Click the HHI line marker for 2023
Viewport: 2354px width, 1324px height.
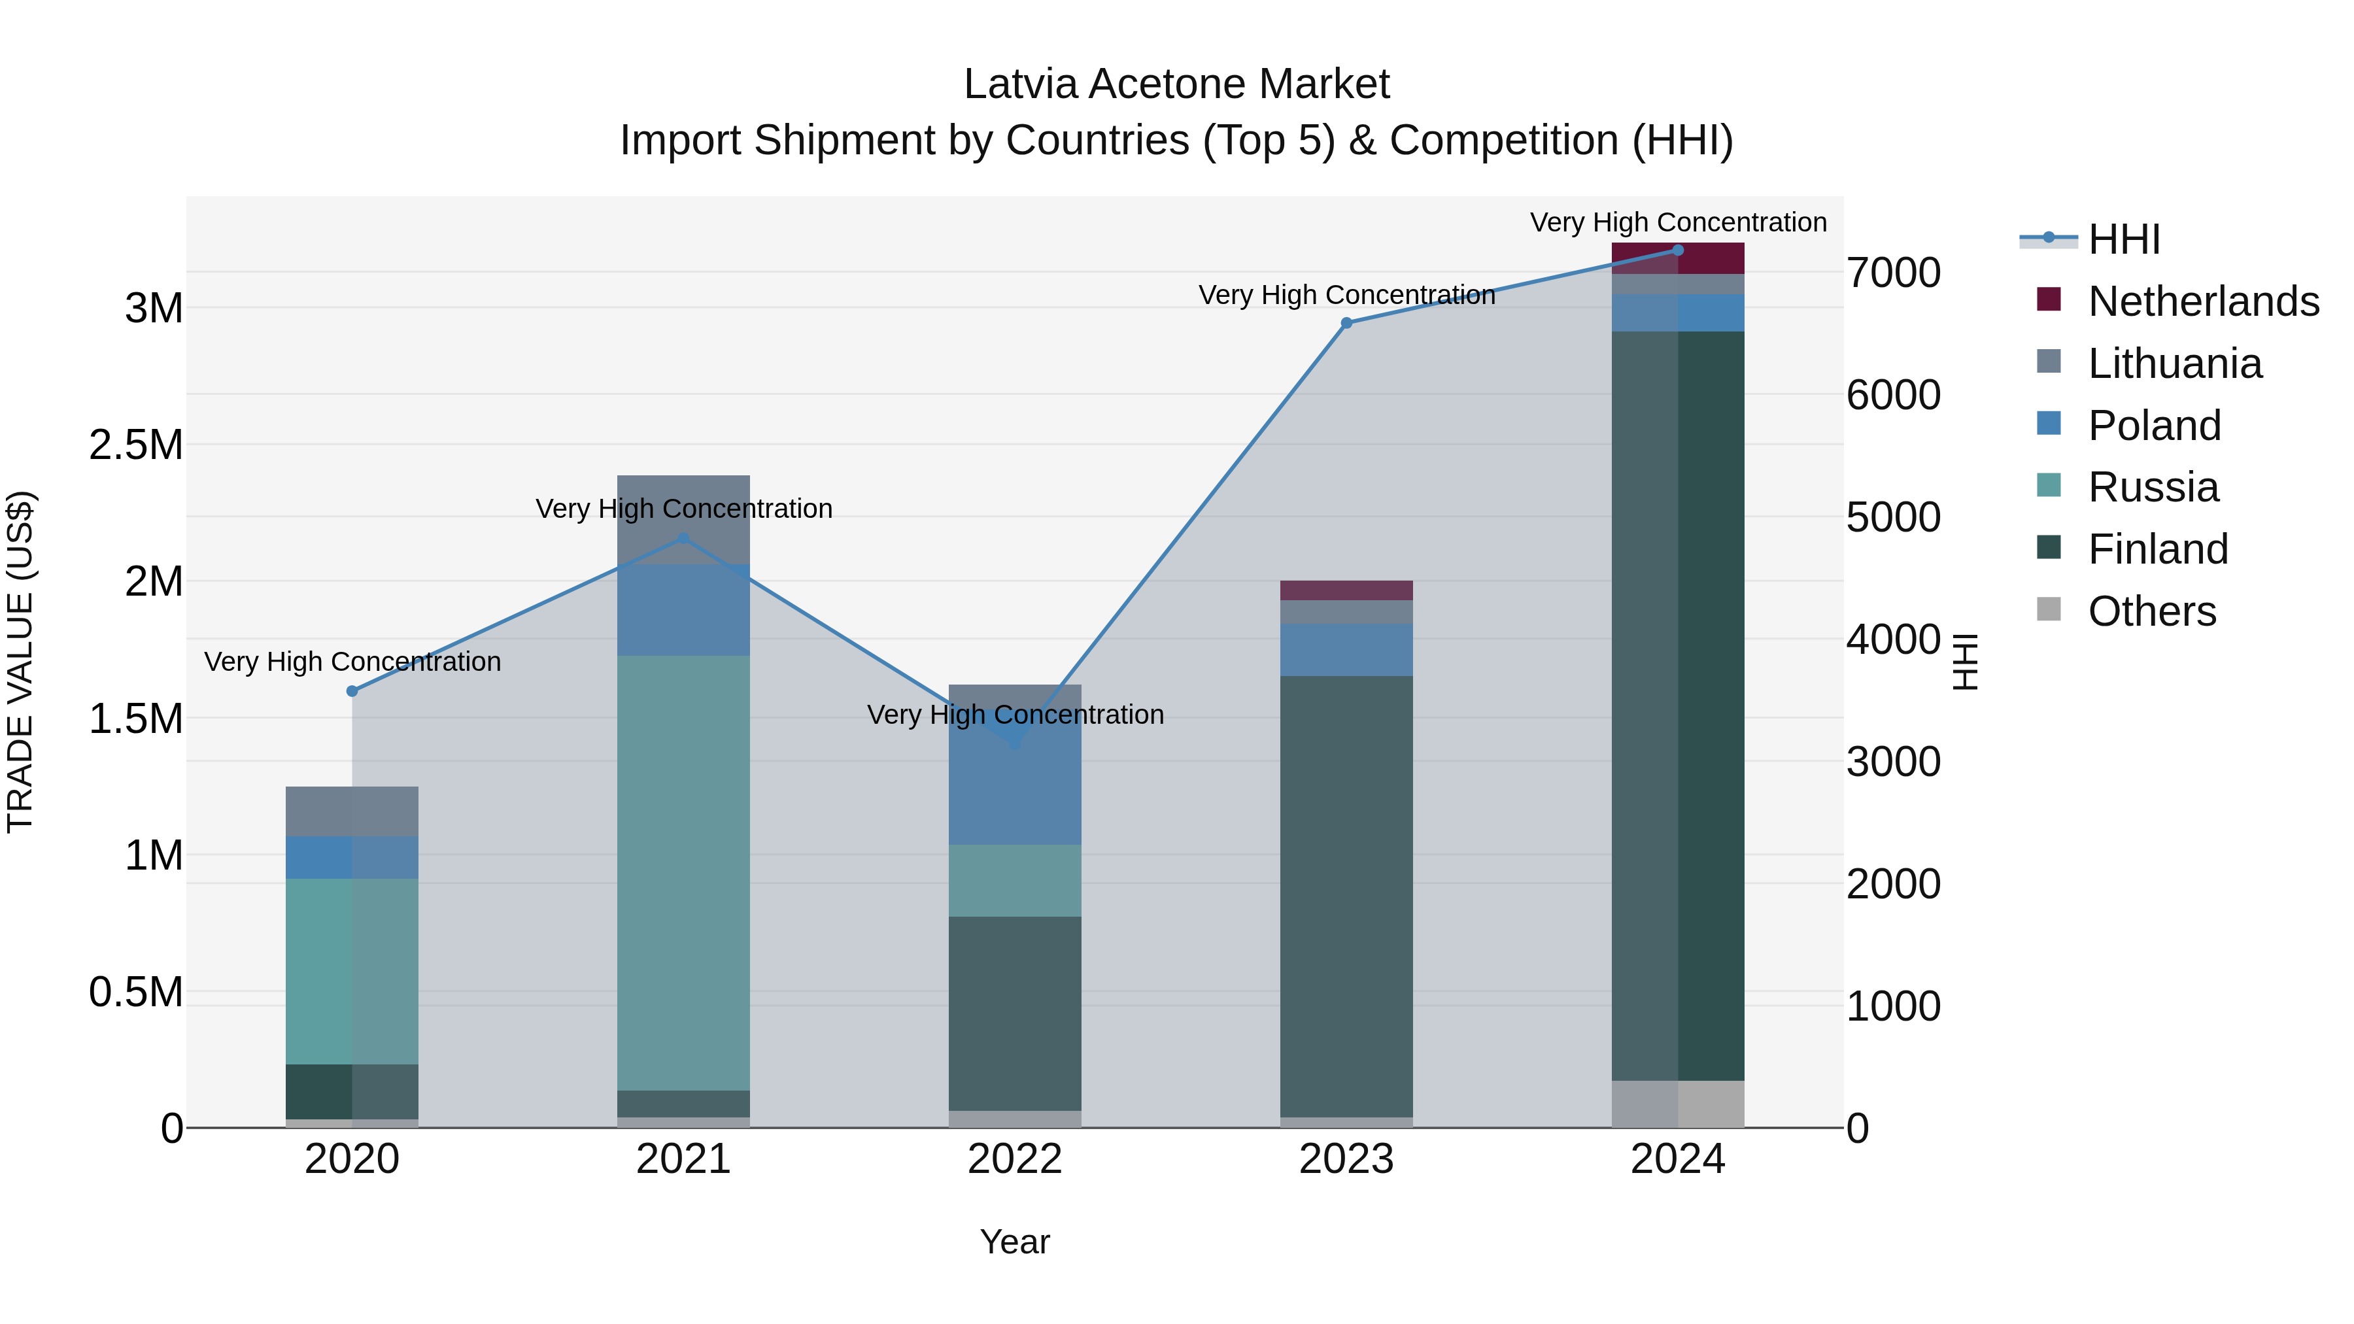(1346, 322)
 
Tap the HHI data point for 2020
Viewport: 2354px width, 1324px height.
(352, 691)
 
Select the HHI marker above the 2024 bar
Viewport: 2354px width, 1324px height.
(1678, 250)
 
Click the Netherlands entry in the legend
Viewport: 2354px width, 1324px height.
(2202, 301)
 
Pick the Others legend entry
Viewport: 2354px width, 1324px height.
(2151, 611)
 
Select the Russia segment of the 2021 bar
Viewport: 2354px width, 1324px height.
(683, 873)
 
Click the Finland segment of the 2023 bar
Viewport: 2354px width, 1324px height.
(1346, 896)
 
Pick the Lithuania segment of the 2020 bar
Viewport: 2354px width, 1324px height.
(352, 811)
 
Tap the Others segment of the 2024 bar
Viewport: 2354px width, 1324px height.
(1678, 1104)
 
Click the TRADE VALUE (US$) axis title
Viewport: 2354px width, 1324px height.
(20, 662)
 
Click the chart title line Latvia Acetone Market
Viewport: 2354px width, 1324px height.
(1176, 84)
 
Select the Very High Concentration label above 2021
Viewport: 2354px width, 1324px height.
(683, 509)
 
